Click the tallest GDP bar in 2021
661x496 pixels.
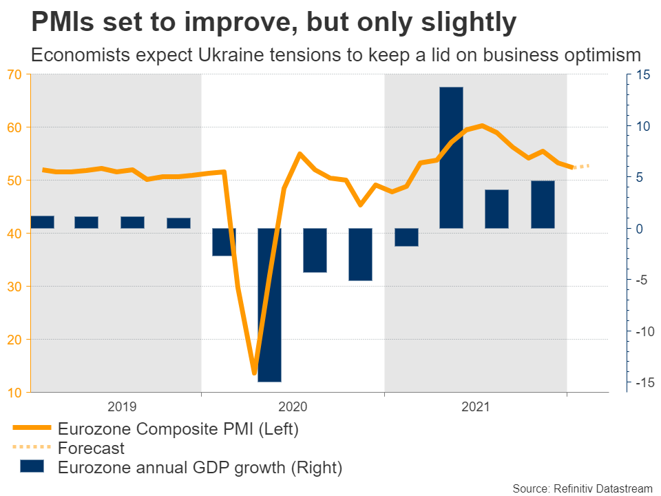point(451,157)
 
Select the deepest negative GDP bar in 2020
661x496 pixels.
point(269,304)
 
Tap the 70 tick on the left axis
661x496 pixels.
point(14,74)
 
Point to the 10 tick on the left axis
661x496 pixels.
point(14,393)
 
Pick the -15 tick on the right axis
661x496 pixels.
point(642,382)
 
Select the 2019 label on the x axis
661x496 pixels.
point(123,407)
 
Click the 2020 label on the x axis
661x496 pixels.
point(293,407)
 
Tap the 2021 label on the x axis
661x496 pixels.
point(475,407)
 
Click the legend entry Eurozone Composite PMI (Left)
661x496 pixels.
point(178,429)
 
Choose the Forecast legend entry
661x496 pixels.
point(92,448)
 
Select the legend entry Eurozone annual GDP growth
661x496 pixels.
point(200,468)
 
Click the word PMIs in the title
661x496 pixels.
point(63,23)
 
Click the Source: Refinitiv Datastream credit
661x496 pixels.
point(582,488)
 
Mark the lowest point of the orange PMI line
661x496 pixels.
point(254,373)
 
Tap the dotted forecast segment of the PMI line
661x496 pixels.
point(581,166)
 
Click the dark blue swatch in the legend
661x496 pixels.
point(31,467)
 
